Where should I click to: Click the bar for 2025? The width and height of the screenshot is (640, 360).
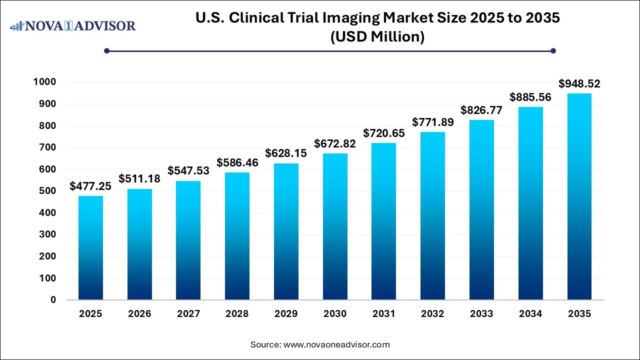[x=90, y=247]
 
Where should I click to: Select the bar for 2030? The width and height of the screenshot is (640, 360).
[x=335, y=226]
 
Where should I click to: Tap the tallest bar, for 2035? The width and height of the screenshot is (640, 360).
[x=579, y=196]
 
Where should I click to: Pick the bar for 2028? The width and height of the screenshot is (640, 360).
[x=237, y=236]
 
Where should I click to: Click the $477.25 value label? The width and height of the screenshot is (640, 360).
[x=90, y=186]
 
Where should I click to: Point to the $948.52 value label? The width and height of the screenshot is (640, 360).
[x=579, y=83]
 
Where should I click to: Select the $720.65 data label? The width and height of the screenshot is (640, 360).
[x=384, y=133]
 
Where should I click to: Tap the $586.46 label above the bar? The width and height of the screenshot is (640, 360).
[x=237, y=162]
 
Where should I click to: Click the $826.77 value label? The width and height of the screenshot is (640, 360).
[x=481, y=110]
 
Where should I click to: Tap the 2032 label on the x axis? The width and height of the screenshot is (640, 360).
[x=432, y=314]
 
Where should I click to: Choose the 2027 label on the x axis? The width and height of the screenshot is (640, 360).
[x=188, y=314]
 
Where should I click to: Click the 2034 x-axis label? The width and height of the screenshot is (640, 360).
[x=530, y=314]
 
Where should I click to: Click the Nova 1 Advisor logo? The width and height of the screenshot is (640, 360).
[x=73, y=25]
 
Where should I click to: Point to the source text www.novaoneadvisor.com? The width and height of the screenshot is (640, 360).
[x=336, y=344]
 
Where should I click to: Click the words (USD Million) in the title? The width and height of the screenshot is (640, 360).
[x=377, y=37]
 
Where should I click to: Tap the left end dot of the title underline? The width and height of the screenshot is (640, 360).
[x=106, y=50]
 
